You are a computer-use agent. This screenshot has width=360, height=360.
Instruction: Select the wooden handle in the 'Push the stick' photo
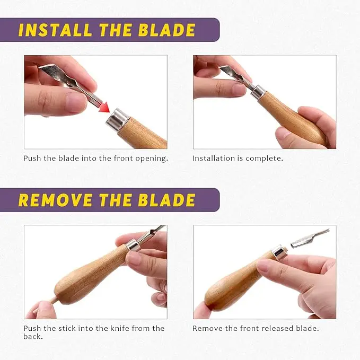(90, 276)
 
